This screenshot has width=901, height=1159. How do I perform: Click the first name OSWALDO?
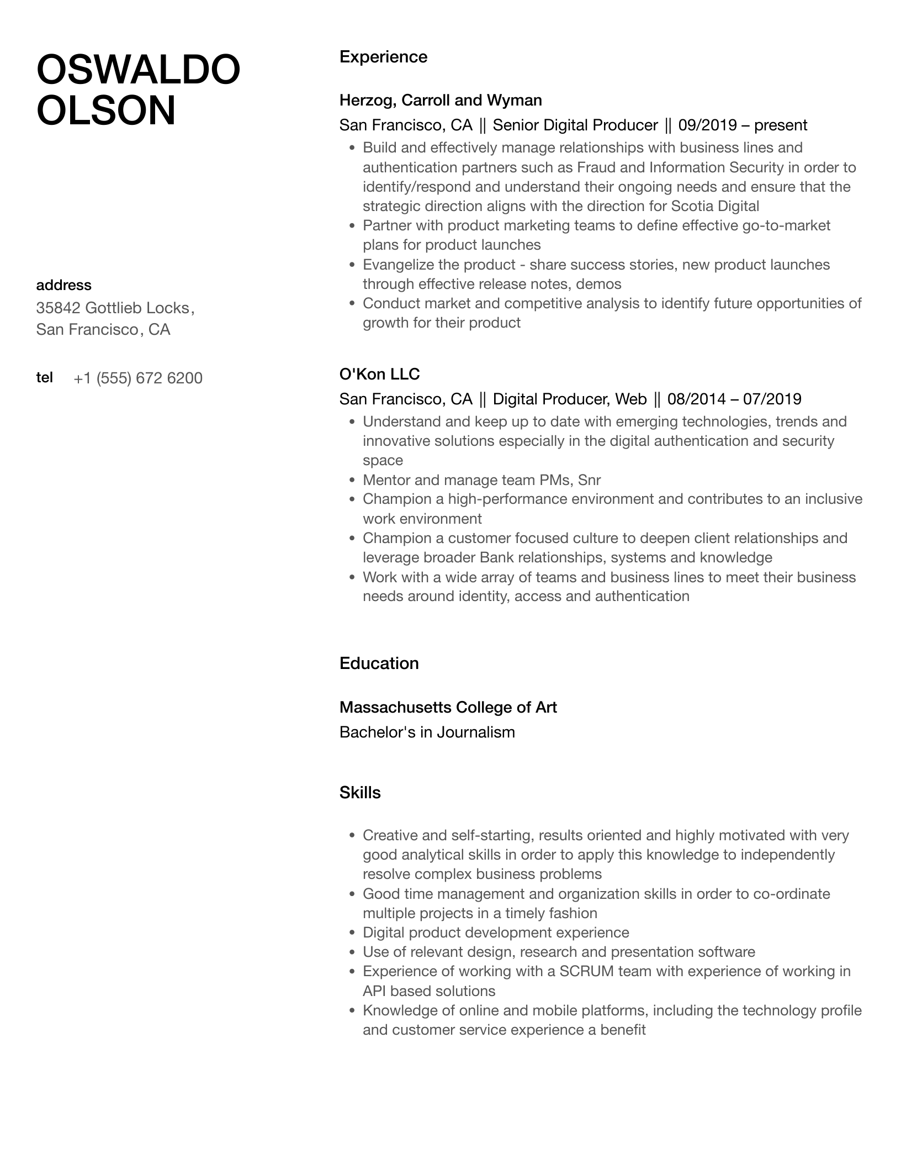pyautogui.click(x=138, y=70)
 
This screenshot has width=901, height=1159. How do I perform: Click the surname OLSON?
pyautogui.click(x=106, y=110)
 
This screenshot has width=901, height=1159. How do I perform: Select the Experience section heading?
pyautogui.click(x=383, y=57)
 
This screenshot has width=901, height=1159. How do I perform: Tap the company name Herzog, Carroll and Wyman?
pyautogui.click(x=441, y=100)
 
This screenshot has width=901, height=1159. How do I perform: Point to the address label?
pyautogui.click(x=63, y=285)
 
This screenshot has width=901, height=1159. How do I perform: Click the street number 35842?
pyautogui.click(x=58, y=308)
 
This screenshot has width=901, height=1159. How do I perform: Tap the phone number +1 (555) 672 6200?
pyautogui.click(x=138, y=378)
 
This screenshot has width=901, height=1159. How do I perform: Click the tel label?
pyautogui.click(x=44, y=377)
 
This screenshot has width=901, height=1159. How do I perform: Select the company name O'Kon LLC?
pyautogui.click(x=379, y=374)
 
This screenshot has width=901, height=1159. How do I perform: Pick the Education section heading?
pyautogui.click(x=379, y=663)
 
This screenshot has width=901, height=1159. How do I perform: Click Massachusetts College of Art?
pyautogui.click(x=448, y=707)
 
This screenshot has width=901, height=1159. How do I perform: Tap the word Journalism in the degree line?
pyautogui.click(x=476, y=732)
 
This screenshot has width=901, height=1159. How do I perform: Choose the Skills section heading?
pyautogui.click(x=360, y=793)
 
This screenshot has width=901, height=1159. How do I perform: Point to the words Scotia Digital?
pyautogui.click(x=715, y=206)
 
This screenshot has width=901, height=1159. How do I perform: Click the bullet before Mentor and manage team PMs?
pyautogui.click(x=352, y=480)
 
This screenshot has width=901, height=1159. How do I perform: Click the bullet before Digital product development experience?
pyautogui.click(x=352, y=933)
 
